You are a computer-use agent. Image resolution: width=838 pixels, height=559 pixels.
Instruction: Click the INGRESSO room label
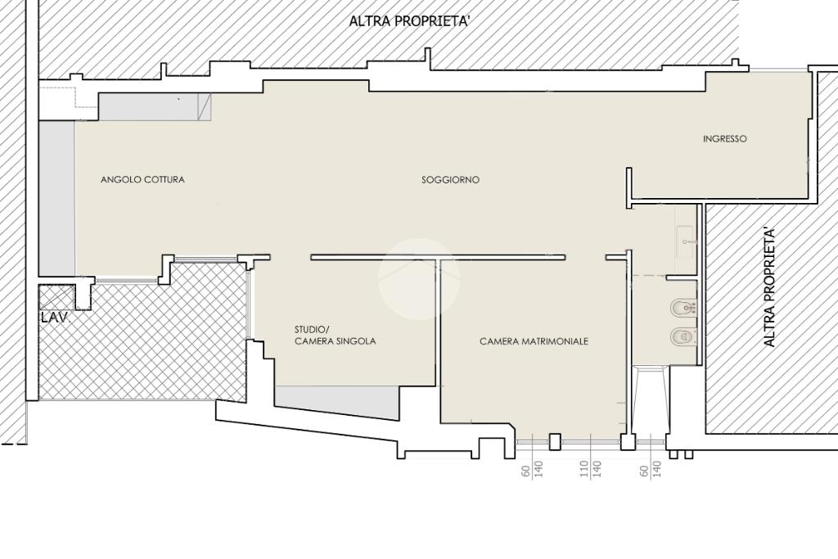tap(725, 139)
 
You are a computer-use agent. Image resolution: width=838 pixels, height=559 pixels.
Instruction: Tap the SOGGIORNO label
tap(451, 180)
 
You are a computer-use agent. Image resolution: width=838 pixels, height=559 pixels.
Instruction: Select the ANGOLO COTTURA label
tap(142, 179)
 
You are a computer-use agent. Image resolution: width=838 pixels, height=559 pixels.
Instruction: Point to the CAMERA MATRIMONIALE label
tap(534, 341)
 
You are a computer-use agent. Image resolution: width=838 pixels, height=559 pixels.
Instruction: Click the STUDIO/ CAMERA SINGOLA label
tap(335, 335)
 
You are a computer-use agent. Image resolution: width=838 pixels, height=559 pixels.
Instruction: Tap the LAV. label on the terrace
tap(56, 318)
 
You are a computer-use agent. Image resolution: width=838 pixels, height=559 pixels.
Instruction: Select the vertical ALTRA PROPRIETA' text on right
tap(769, 286)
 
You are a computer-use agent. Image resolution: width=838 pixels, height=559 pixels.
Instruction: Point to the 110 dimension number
tap(584, 469)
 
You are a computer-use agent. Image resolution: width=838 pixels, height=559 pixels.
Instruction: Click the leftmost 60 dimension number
tap(526, 471)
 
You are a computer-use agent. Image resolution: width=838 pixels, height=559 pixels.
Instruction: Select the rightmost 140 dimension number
tap(657, 469)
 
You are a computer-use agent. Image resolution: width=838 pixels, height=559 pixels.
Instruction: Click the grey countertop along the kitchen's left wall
tap(56, 197)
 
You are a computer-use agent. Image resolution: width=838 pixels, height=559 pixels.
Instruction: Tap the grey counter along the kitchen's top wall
tap(155, 107)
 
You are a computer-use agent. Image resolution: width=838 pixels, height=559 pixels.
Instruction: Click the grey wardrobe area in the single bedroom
tap(336, 403)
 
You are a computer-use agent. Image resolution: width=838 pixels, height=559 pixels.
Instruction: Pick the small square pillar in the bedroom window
tap(556, 441)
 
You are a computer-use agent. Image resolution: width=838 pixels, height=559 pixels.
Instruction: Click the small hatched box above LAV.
tap(56, 297)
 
